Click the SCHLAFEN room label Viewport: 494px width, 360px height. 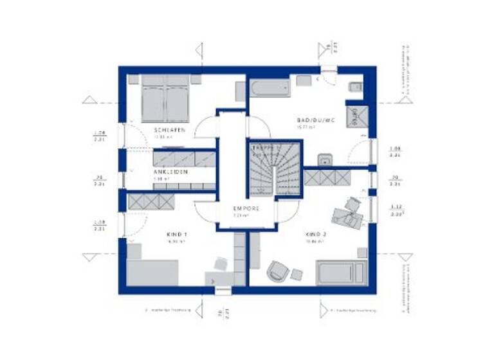[169, 130]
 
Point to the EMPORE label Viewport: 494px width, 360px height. [246, 209]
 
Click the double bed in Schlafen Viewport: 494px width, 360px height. [166, 97]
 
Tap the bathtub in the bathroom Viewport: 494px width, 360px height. [270, 89]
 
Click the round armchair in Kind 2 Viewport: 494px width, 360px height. [278, 271]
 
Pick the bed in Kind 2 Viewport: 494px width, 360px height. [342, 273]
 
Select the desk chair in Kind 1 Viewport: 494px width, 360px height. [221, 264]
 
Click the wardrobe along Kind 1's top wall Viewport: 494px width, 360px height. [152, 201]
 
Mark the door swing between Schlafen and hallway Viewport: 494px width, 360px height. [206, 126]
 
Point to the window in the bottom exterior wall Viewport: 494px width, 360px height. [223, 291]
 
